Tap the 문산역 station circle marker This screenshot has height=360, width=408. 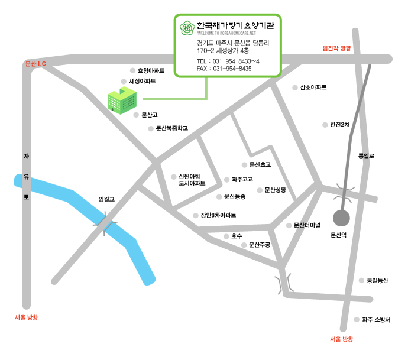pos(342,218)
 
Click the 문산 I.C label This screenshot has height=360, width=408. pos(35,63)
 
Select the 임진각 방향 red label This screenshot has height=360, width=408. pos(336,48)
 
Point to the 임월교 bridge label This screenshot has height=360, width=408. pos(106,200)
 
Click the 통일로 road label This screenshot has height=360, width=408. pos(366,156)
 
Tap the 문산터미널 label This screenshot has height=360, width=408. pos(306,225)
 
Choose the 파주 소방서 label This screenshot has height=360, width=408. pos(376,319)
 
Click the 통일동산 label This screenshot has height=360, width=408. pos(377,280)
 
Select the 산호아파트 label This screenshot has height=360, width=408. pos(313,87)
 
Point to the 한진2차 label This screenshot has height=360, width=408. pos(340,124)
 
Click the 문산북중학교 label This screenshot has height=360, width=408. pos(171,128)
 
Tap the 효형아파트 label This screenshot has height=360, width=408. pos(150,70)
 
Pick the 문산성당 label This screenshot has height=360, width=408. pos(275,190)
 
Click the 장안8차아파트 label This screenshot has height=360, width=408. pos(218,215)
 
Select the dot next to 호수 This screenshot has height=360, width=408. pos(225,236)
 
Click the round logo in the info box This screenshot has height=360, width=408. pos(187,27)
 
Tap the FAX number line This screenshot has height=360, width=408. pos(224,69)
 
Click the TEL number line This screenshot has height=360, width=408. pos(228,61)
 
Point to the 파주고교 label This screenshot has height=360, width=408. pos(242,179)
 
